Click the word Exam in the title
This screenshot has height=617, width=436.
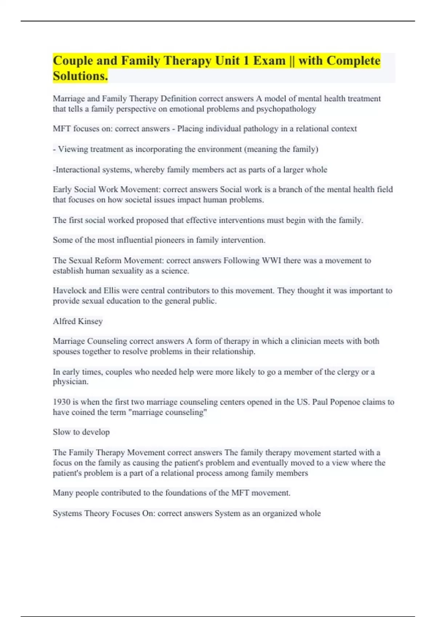[269, 61]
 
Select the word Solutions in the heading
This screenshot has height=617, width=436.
[80, 76]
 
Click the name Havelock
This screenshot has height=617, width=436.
[69, 291]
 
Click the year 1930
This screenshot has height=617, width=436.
[61, 402]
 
